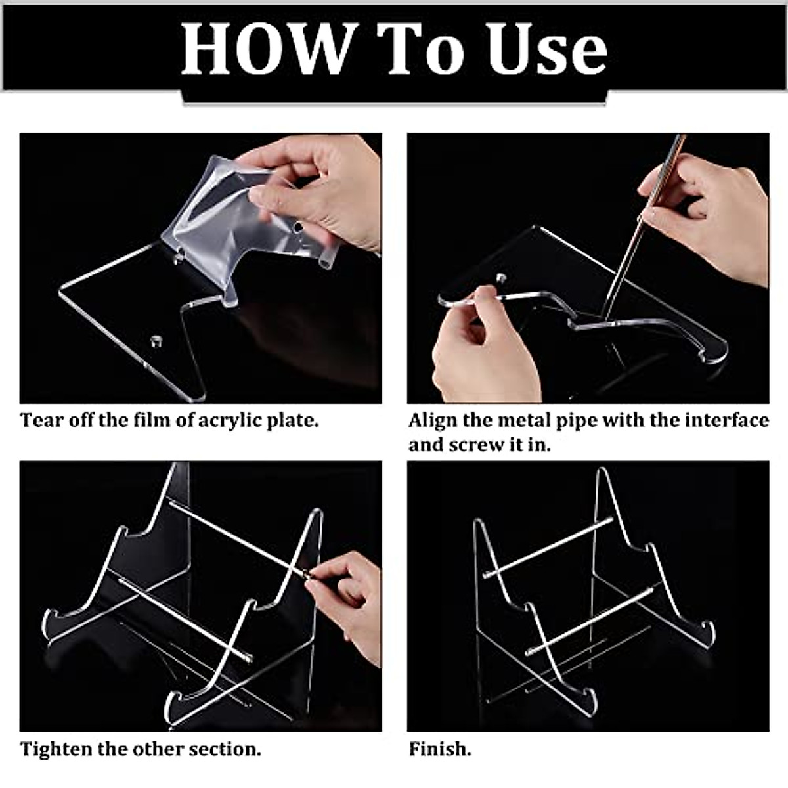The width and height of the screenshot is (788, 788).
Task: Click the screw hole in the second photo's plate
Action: [500, 278]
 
